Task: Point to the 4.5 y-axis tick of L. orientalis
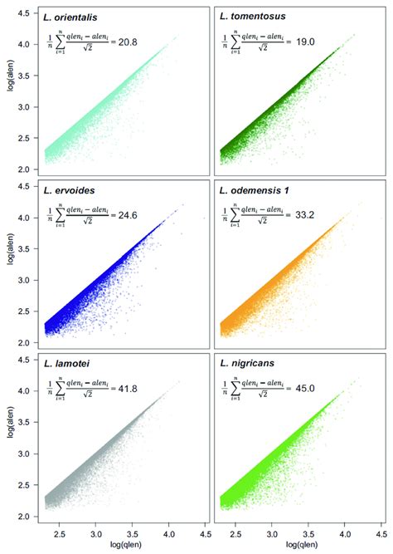(27, 12)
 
